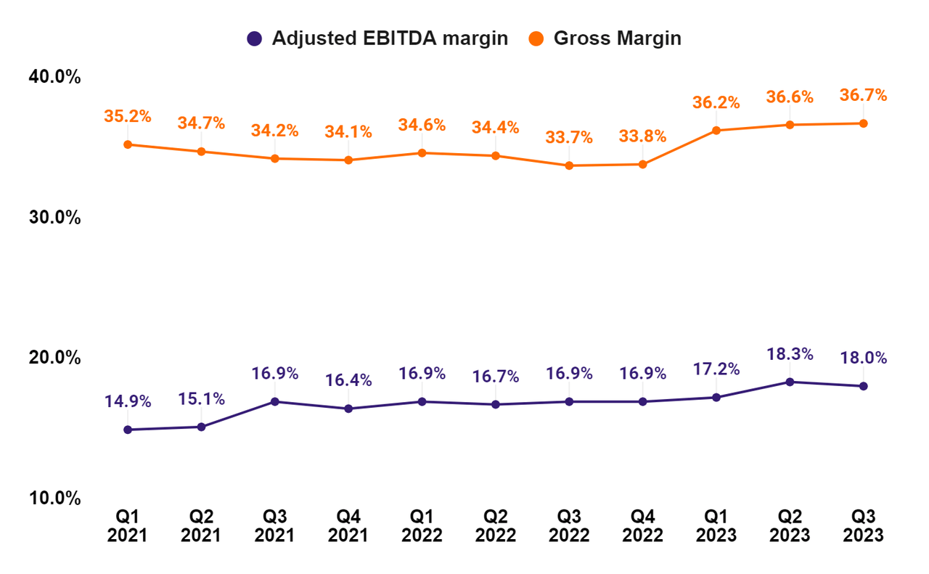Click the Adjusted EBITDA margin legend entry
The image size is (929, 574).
[x=377, y=38]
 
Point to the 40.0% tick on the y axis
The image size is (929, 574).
[x=54, y=77]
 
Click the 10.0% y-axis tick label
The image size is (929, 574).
[x=54, y=499]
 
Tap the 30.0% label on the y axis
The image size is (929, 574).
[x=54, y=217]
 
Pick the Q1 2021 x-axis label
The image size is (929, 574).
[x=128, y=526]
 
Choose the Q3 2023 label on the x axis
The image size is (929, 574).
[x=863, y=526]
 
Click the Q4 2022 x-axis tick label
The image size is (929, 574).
[x=642, y=526]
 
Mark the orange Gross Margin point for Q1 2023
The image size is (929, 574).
[x=716, y=131]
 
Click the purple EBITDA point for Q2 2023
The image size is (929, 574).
[x=790, y=382]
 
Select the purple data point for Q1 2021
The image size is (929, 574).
[x=128, y=430]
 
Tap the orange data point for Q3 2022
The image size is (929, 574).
[x=569, y=165]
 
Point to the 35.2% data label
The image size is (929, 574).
[x=128, y=116]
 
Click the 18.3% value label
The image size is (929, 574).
[x=790, y=354]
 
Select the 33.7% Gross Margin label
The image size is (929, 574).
[x=569, y=138]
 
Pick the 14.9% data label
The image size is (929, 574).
[x=128, y=401]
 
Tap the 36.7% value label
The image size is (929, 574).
[x=863, y=95]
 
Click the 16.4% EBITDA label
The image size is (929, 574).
[x=348, y=380]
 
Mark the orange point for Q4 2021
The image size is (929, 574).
[x=348, y=160]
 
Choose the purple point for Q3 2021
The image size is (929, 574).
[x=275, y=401]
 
